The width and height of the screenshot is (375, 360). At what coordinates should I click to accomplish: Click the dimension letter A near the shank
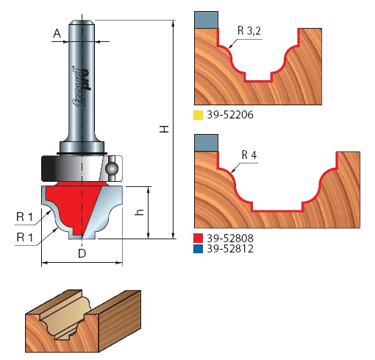[57, 33]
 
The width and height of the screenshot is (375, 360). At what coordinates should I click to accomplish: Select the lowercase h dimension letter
[140, 212]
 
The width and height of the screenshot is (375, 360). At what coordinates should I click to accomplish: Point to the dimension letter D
[82, 253]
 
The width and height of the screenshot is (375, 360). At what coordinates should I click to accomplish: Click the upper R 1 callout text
[24, 217]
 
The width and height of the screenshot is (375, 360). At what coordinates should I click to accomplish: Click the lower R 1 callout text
[24, 237]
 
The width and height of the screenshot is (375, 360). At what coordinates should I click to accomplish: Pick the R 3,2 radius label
[249, 31]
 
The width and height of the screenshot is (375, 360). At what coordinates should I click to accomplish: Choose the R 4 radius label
[249, 155]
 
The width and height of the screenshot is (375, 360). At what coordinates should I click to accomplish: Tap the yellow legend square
[198, 116]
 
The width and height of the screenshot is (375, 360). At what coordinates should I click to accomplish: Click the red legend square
[198, 239]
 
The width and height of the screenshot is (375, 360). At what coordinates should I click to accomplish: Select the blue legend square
[198, 249]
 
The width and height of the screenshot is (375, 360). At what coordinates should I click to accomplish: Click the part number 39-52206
[230, 115]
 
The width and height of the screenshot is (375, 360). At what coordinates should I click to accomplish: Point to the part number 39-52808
[230, 238]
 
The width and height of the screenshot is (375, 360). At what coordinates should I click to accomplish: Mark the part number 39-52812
[230, 249]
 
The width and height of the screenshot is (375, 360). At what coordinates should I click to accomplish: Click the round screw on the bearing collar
[112, 169]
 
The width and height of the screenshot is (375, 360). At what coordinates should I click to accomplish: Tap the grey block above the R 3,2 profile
[207, 20]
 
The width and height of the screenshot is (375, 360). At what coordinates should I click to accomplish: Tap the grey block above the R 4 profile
[207, 143]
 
